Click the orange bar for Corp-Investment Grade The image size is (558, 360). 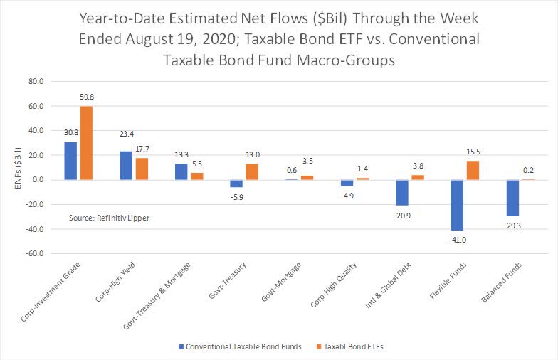point(86,143)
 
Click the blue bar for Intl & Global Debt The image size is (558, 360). point(403,192)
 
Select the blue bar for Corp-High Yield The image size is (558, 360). point(127,166)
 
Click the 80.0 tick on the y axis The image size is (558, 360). point(36,82)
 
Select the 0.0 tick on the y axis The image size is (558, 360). point(38,180)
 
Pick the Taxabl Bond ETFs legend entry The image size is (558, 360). point(363,347)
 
